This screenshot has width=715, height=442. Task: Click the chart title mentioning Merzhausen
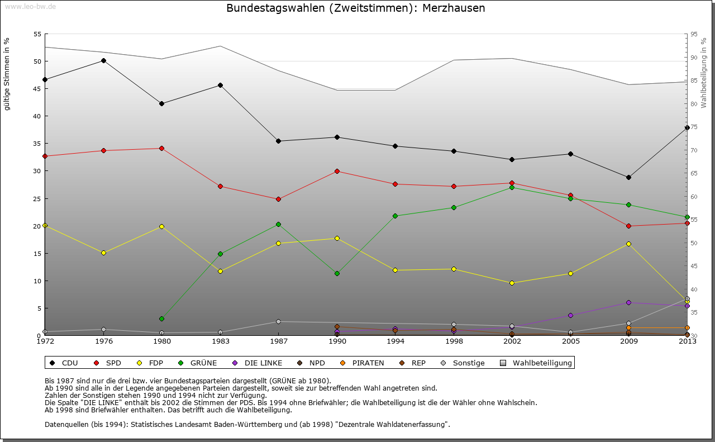355,8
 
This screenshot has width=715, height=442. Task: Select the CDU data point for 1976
103,60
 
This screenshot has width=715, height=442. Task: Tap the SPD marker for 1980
161,148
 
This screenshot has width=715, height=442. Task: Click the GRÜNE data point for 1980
161,319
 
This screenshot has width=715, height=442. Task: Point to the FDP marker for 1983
220,271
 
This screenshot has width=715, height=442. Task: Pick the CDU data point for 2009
628,177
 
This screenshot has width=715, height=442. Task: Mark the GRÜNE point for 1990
337,273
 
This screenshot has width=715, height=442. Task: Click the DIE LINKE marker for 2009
628,302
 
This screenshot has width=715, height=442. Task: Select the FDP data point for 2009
628,244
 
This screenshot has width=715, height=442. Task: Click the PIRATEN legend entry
363,363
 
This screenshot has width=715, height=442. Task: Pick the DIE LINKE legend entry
258,363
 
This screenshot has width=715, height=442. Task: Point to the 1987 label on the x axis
278,341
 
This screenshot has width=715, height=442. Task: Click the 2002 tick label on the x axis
512,341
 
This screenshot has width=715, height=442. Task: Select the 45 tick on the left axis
37,89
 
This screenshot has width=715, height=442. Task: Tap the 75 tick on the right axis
694,127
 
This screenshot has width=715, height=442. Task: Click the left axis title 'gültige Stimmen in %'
7,74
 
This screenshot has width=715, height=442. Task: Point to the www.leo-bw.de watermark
29,7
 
